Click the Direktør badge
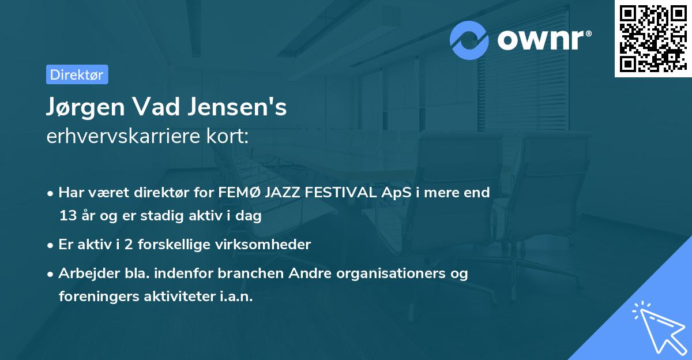(77, 74)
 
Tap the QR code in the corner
(653, 38)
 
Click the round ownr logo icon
(469, 40)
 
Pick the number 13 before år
(67, 216)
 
